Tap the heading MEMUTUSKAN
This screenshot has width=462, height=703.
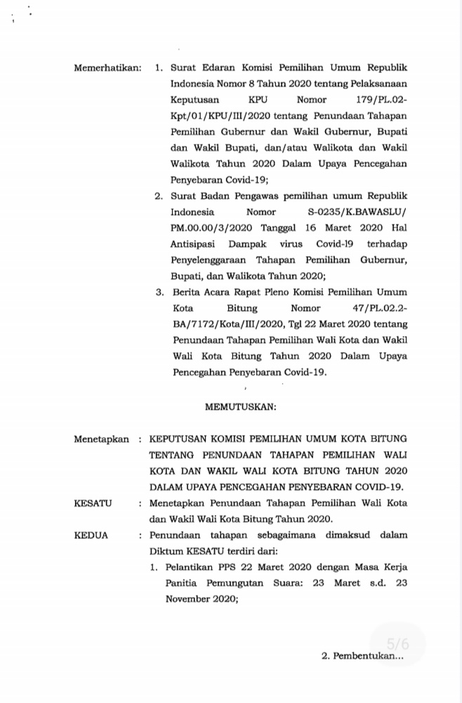pos(240,406)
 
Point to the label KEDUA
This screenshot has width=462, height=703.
pos(92,535)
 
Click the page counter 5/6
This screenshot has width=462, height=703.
pos(397,643)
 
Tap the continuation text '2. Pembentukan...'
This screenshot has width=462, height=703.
pos(362,657)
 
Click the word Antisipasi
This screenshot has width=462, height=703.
pos(192,243)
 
